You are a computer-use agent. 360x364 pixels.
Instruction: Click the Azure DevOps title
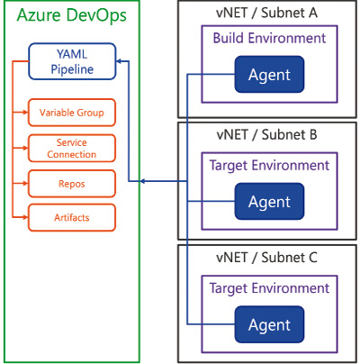pos(72,16)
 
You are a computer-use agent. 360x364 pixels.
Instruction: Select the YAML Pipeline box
pos(72,61)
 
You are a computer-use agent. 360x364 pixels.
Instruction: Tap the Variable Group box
pos(72,113)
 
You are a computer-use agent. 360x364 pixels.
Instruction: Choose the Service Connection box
pos(72,148)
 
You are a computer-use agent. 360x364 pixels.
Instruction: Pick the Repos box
pos(72,184)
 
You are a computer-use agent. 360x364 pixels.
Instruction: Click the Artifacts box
pos(72,217)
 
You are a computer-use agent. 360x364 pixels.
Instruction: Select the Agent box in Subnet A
pos(269,74)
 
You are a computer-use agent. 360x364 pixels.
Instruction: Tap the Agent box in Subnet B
pos(269,201)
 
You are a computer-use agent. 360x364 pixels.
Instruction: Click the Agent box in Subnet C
pos(269,324)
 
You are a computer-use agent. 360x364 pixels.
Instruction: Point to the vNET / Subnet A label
pos(266,13)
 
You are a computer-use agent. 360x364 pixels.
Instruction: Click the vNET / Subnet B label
pos(266,134)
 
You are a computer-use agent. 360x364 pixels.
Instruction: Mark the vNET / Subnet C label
pos(266,258)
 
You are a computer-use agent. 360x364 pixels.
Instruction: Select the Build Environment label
pos(269,38)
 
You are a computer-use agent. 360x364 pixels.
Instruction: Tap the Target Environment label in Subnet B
pos(269,166)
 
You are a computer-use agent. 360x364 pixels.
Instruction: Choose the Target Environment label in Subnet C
pos(269,288)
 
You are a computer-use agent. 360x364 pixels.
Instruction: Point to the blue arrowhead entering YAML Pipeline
pos(119,61)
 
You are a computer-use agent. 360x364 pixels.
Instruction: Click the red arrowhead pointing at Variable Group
pos(25,113)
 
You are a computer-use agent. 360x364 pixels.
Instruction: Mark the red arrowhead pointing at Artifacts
pos(25,217)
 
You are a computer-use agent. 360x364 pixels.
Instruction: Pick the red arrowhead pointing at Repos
pos(25,183)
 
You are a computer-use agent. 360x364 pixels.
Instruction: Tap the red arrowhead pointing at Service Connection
pos(25,148)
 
